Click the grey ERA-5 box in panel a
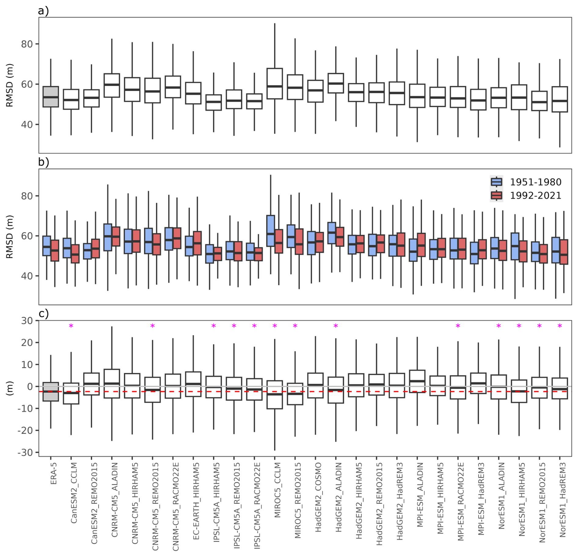click(51, 96)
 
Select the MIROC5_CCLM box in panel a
click(275, 83)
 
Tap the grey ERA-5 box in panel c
click(51, 391)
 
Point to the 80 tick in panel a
click(27, 44)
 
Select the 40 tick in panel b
click(27, 276)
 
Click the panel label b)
click(43, 162)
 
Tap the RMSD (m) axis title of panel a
click(10, 85)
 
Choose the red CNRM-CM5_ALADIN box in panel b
click(116, 236)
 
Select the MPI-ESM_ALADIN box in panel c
click(417, 381)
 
